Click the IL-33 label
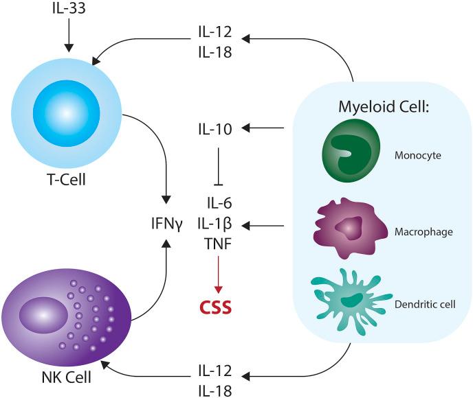click(68, 10)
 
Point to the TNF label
click(218, 243)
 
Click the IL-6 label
click(218, 203)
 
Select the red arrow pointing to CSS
click(218, 272)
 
